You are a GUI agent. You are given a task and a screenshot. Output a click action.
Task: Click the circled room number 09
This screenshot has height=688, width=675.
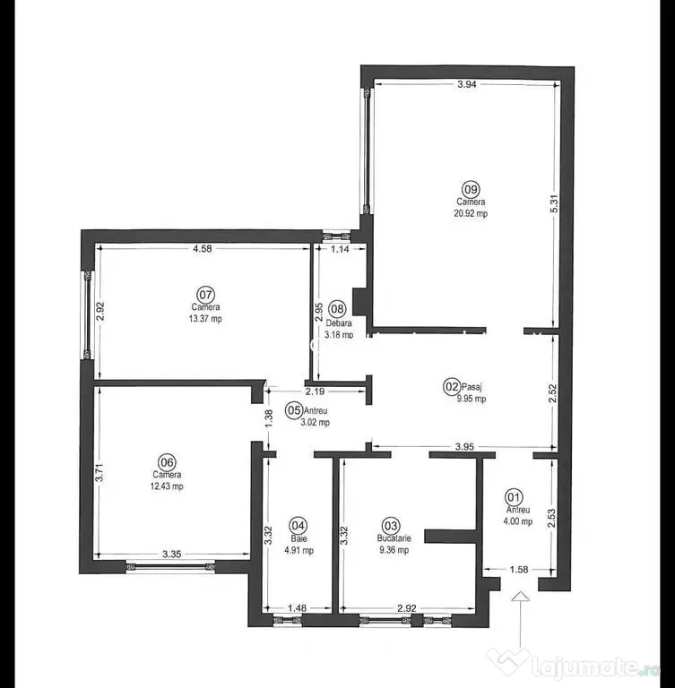(x=471, y=190)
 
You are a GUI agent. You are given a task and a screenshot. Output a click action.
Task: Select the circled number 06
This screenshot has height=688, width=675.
(x=167, y=462)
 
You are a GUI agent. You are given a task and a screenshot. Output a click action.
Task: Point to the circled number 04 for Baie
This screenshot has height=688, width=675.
(x=299, y=526)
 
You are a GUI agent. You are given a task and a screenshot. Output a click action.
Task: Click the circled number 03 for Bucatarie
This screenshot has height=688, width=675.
(x=392, y=525)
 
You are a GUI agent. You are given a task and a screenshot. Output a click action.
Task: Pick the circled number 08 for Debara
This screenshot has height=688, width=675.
(x=337, y=308)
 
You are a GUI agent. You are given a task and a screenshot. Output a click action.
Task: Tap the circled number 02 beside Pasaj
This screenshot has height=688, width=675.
(x=452, y=387)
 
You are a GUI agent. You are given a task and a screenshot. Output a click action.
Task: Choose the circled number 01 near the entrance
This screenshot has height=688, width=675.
(x=514, y=497)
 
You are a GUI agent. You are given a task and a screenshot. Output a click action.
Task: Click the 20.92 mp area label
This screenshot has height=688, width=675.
(x=471, y=214)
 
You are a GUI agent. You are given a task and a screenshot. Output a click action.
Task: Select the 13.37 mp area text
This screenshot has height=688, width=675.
(x=205, y=319)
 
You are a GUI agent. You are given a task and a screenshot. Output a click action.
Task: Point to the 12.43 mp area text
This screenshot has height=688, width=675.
(x=167, y=486)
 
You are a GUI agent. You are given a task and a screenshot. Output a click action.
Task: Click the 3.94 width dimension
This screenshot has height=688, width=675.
(x=467, y=84)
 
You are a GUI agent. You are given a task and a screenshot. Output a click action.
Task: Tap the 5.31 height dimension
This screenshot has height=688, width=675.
(x=554, y=203)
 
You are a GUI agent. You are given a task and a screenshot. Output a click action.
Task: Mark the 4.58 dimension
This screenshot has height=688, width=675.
(x=203, y=248)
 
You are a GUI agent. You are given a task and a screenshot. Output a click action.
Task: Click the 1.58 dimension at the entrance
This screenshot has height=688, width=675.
(x=519, y=570)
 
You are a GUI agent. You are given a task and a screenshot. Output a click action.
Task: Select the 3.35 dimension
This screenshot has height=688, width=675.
(x=172, y=555)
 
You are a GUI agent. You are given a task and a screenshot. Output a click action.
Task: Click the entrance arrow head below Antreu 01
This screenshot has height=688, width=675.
(x=521, y=596)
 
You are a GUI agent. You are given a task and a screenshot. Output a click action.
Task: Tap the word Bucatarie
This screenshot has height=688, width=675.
(x=394, y=537)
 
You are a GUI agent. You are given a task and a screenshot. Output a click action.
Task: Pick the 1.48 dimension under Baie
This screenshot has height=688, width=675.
(x=297, y=608)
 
